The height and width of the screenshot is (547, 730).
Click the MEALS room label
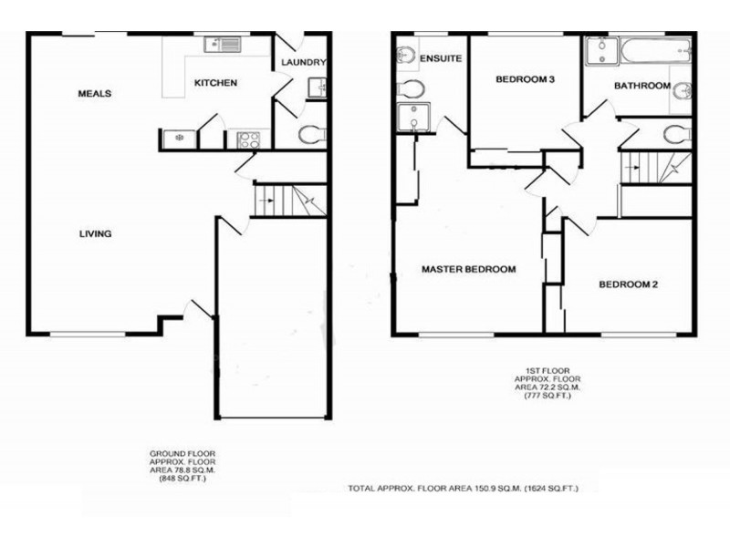(95, 94)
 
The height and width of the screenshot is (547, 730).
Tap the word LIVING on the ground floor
(95, 234)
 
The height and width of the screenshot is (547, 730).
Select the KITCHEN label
(215, 84)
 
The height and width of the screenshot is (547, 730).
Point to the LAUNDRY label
(304, 63)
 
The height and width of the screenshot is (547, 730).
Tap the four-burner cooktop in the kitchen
(248, 139)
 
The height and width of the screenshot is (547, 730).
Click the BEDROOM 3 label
(525, 80)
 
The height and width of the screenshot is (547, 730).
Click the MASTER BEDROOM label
(468, 270)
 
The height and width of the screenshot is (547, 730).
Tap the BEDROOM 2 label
(628, 284)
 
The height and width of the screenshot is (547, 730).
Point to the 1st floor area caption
(548, 383)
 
